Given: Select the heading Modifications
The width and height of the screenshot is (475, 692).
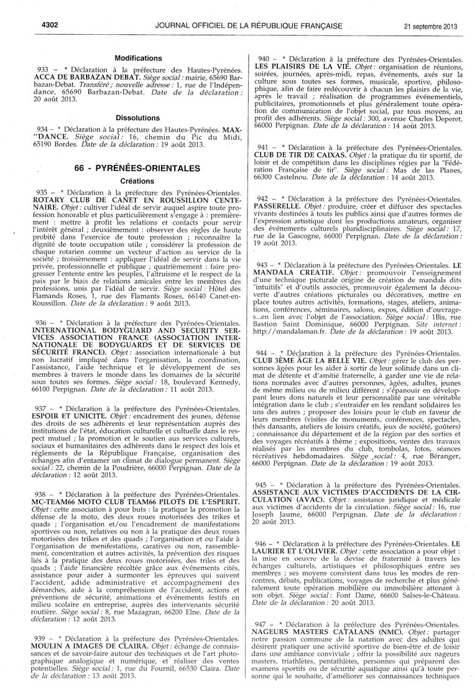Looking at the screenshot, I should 138,58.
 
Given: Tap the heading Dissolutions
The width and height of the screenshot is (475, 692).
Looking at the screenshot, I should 138,117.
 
